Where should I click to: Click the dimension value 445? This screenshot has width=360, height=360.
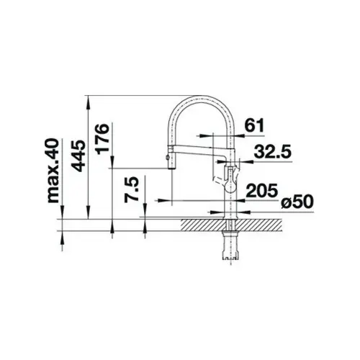[x=78, y=156]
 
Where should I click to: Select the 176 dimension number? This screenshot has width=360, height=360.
[x=102, y=138]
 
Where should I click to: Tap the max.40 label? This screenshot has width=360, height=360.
[x=53, y=171]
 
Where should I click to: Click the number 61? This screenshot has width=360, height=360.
[x=254, y=125]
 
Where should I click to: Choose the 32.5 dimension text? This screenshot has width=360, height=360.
[x=272, y=151]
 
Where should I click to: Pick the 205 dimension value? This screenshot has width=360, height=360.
[x=262, y=190]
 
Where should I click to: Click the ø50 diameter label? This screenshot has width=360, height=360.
[x=297, y=202]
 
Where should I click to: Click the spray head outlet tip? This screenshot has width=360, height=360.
[x=171, y=168]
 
